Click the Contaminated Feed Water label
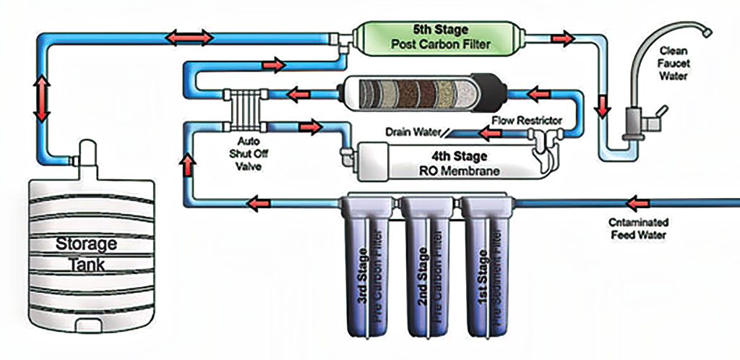(637, 228)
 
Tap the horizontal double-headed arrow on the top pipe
(188, 36)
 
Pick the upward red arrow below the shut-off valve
(187, 166)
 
